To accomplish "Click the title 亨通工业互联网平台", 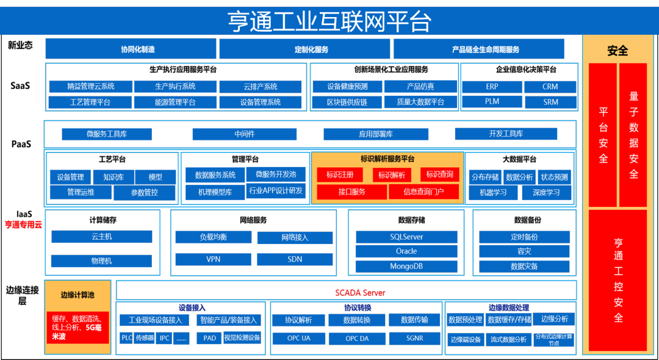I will coord(329,21).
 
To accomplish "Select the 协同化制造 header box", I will coord(131,49).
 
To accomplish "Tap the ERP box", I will coord(492,87).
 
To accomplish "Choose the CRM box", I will coord(550,87).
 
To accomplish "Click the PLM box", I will coord(492,102).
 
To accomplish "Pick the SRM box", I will coord(550,102).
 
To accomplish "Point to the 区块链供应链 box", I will coord(347,102).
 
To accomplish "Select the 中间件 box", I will coord(244,134).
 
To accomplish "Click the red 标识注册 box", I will coord(340,175).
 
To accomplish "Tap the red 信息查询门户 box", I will coord(423,192).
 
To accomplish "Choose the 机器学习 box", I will coord(494,193).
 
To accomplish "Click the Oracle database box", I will coord(406,251).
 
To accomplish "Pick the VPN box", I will coord(213,259).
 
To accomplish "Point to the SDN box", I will coord(295,259).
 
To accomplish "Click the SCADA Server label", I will coord(360,292).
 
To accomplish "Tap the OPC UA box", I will coord(298,338).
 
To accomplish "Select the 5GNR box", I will coord(414,338).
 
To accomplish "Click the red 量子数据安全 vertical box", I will coord(633,135).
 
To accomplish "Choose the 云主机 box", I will coord(101,237).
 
